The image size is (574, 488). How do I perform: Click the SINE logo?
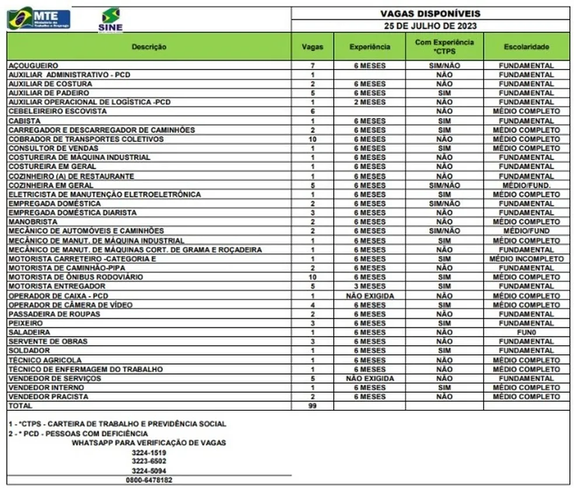click(111, 19)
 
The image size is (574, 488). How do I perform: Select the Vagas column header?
click(313, 47)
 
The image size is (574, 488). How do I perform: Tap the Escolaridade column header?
click(526, 47)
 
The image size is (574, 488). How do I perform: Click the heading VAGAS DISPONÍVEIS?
click(430, 13)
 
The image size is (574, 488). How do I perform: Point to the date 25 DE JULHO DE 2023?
click(430, 26)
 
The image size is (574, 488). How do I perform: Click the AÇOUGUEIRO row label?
click(33, 65)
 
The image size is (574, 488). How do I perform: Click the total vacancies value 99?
click(313, 406)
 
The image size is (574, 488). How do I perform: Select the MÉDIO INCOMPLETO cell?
click(526, 259)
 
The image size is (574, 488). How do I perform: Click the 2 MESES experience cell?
click(369, 102)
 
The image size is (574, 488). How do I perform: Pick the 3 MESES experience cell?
click(369, 287)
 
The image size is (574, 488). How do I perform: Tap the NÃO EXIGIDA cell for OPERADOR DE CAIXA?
click(369, 296)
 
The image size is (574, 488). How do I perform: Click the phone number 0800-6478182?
click(149, 480)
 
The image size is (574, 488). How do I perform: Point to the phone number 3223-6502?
click(149, 461)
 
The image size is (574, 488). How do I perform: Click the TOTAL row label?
click(20, 406)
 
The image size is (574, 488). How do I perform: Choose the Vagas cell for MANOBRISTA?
click(313, 222)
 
